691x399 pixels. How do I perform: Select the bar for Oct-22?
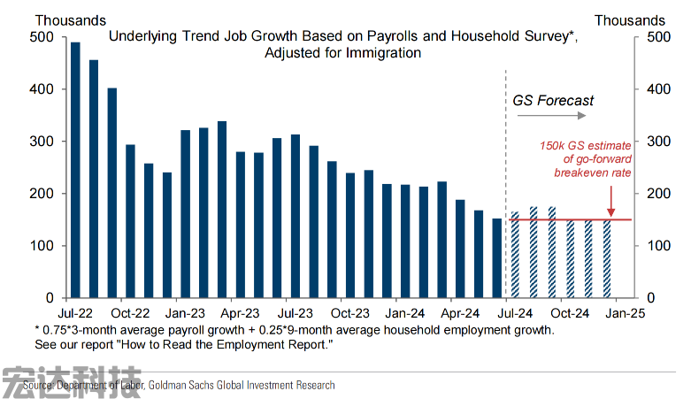click(x=130, y=221)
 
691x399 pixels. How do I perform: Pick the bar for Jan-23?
click(x=185, y=213)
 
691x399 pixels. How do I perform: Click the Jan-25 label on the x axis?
click(x=625, y=312)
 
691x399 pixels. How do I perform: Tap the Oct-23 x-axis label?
click(x=349, y=312)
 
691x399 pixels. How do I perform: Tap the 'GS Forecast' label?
click(x=553, y=101)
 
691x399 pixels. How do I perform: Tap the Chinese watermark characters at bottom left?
click(x=71, y=381)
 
